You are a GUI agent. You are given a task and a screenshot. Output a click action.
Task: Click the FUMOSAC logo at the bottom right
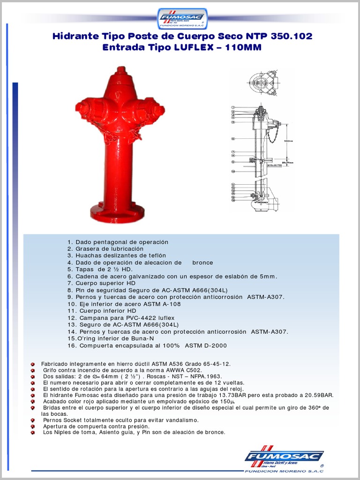point(284,457)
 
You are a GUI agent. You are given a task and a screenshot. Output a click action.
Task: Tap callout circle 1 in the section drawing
point(233,108)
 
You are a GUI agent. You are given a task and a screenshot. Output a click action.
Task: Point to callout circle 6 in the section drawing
point(233,139)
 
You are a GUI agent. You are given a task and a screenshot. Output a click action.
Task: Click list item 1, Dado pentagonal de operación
point(118,242)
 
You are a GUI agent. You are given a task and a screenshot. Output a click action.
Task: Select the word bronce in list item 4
point(202,262)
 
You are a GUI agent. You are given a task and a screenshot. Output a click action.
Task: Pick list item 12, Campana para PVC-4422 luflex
point(121,318)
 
